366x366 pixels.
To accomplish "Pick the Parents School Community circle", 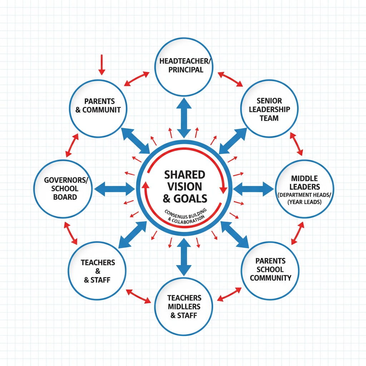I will (x=271, y=270).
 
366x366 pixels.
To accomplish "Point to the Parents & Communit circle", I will (x=98, y=108).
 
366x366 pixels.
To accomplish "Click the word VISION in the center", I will (x=184, y=186).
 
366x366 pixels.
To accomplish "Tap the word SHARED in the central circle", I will (x=184, y=174).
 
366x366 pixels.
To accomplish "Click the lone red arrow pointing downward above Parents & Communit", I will (x=102, y=65).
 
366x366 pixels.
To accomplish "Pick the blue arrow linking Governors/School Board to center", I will (x=114, y=188).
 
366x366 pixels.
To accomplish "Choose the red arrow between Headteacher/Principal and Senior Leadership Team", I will (x=231, y=79).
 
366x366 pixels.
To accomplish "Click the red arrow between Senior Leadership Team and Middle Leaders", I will (x=296, y=144).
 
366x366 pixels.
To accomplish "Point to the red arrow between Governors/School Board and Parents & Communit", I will (x=72, y=146).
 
